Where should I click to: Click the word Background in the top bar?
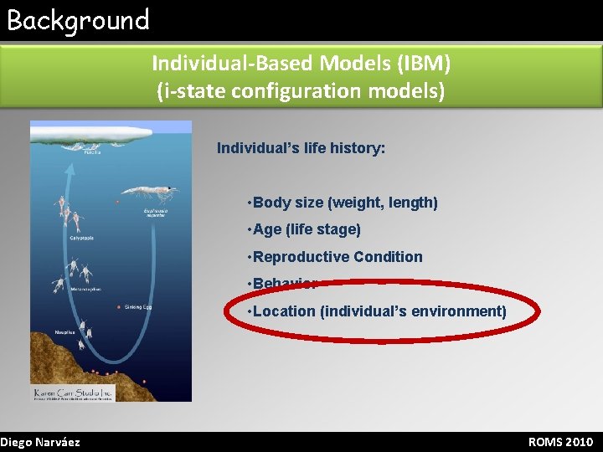click(78, 20)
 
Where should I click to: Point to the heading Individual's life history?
click(301, 148)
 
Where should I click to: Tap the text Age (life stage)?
click(307, 229)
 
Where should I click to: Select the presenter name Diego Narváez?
click(40, 442)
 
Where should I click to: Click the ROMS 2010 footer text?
click(560, 442)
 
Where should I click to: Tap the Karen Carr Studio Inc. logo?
click(73, 393)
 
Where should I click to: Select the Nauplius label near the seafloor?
click(43, 332)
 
